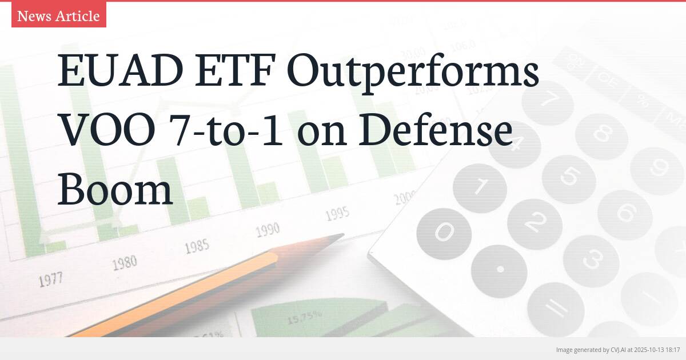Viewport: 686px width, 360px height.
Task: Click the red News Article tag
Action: coord(58,16)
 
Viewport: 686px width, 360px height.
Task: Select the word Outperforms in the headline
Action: coord(413,73)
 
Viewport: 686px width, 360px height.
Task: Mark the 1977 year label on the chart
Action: coord(51,280)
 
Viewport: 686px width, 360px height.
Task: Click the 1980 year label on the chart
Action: coord(125,263)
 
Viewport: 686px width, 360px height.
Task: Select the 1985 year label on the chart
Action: coord(197,247)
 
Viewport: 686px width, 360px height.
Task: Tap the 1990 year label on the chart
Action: coord(268,230)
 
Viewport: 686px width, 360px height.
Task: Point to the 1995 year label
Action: coord(337,214)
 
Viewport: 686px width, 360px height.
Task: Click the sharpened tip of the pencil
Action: coord(337,236)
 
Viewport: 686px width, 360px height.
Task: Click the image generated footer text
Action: coord(617,349)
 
